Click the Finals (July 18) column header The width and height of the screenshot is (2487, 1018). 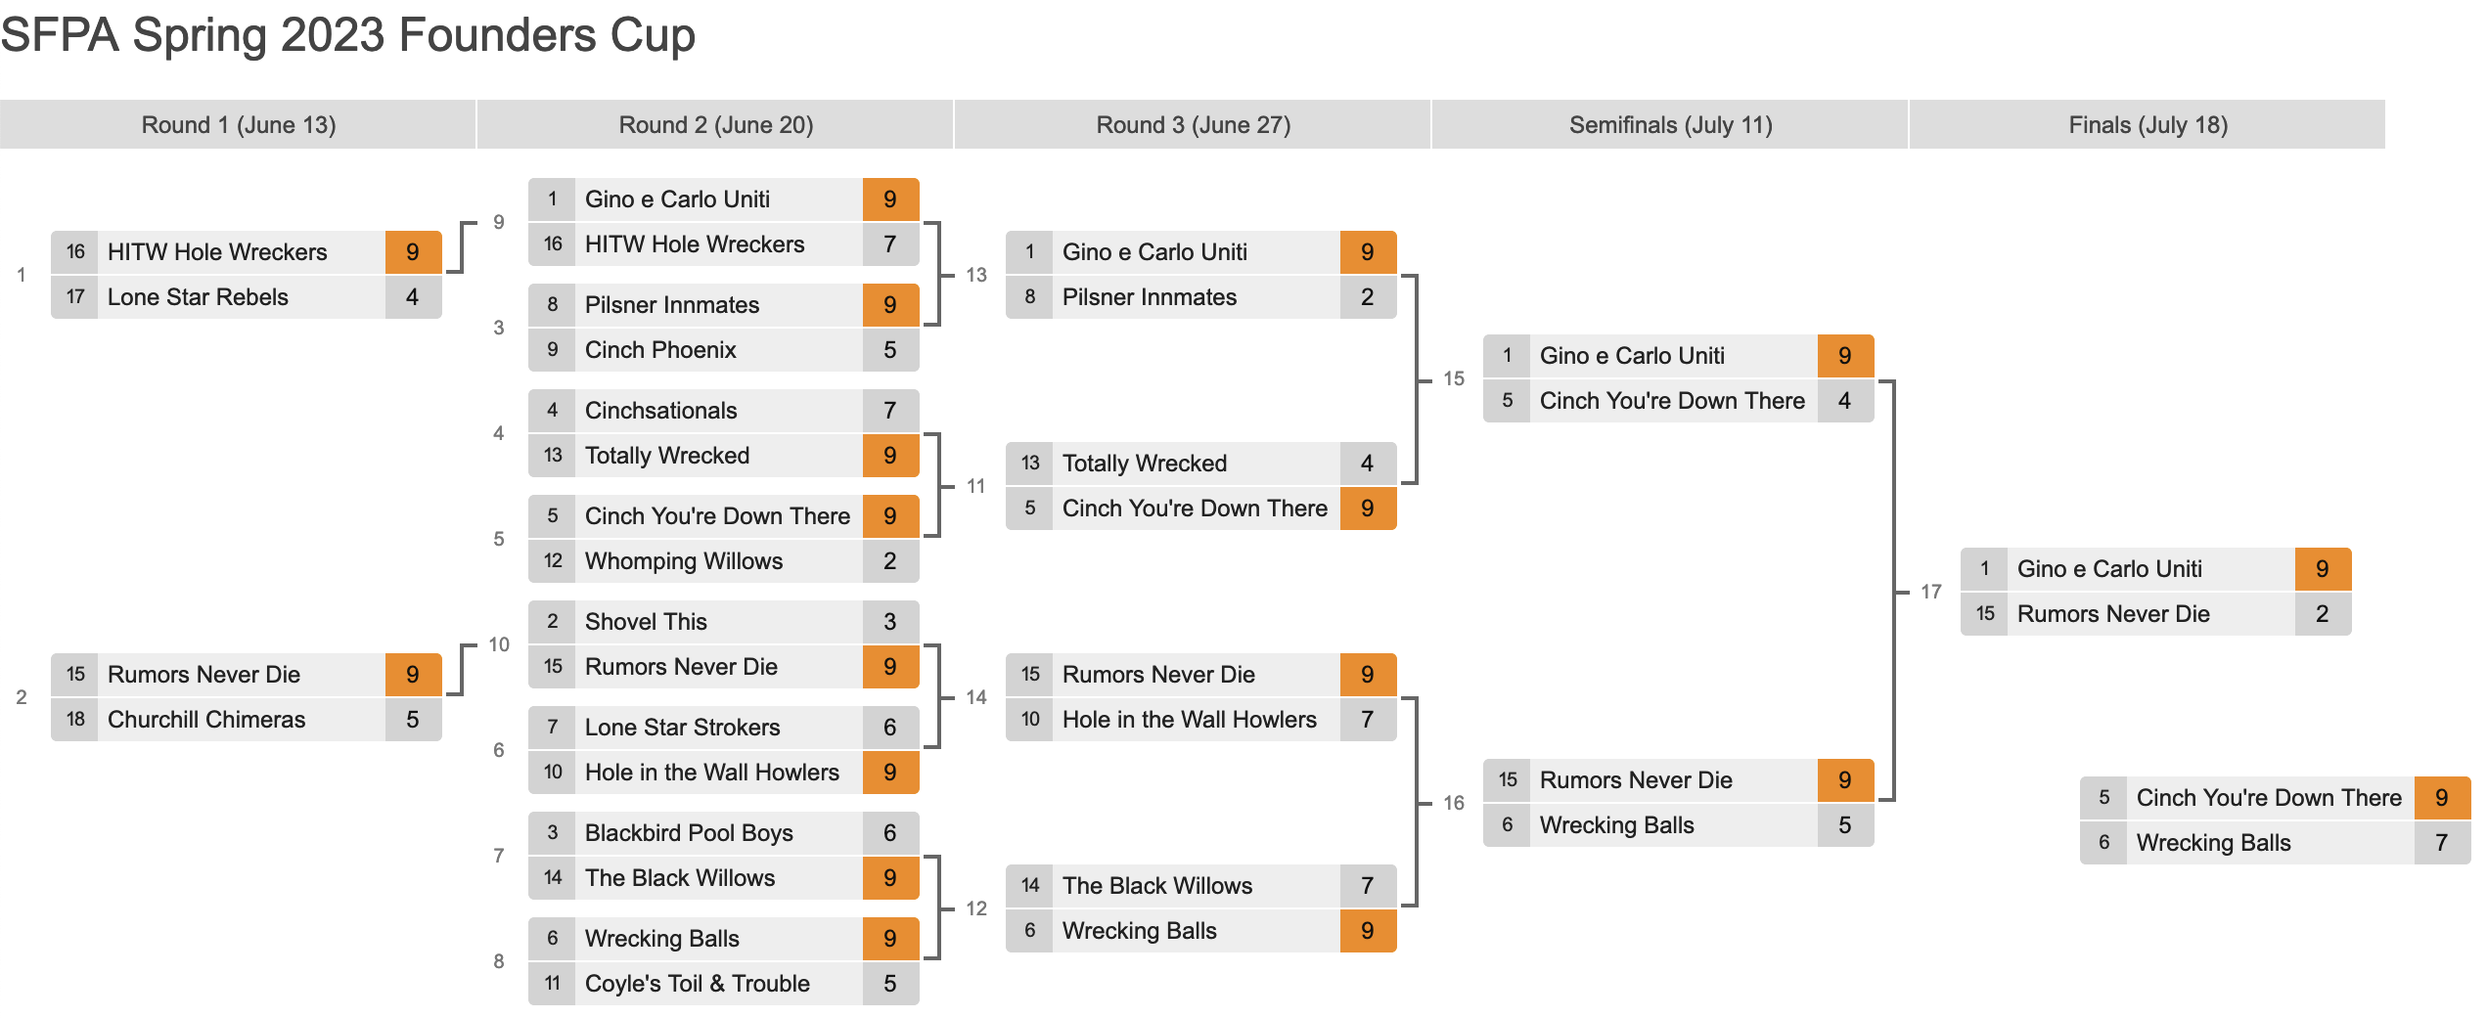(2148, 125)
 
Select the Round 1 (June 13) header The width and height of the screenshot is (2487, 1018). (239, 125)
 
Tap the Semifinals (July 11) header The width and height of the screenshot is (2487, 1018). (1670, 125)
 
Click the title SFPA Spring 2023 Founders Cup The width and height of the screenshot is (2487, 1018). (347, 35)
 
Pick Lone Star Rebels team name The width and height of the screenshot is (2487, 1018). (198, 297)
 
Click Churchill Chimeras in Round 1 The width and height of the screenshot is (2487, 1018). (206, 720)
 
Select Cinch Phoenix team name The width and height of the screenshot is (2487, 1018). (660, 350)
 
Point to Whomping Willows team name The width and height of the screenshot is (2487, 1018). (684, 561)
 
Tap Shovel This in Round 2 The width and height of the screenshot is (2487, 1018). (646, 622)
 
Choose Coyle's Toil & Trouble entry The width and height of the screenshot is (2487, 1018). (698, 984)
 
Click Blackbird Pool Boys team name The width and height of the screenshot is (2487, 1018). (689, 833)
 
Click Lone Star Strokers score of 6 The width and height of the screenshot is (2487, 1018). (890, 728)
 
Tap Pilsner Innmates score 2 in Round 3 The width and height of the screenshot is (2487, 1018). (1368, 297)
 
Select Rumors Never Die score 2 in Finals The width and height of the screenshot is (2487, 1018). (2323, 614)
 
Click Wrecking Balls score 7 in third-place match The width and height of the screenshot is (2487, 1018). (2442, 843)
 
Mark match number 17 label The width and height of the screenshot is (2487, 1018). (1931, 592)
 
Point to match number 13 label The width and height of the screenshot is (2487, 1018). (976, 275)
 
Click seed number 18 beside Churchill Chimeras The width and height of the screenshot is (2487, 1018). (75, 720)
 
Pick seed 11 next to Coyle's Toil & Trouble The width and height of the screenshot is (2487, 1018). (553, 984)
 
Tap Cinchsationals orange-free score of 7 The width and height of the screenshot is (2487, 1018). (890, 411)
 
